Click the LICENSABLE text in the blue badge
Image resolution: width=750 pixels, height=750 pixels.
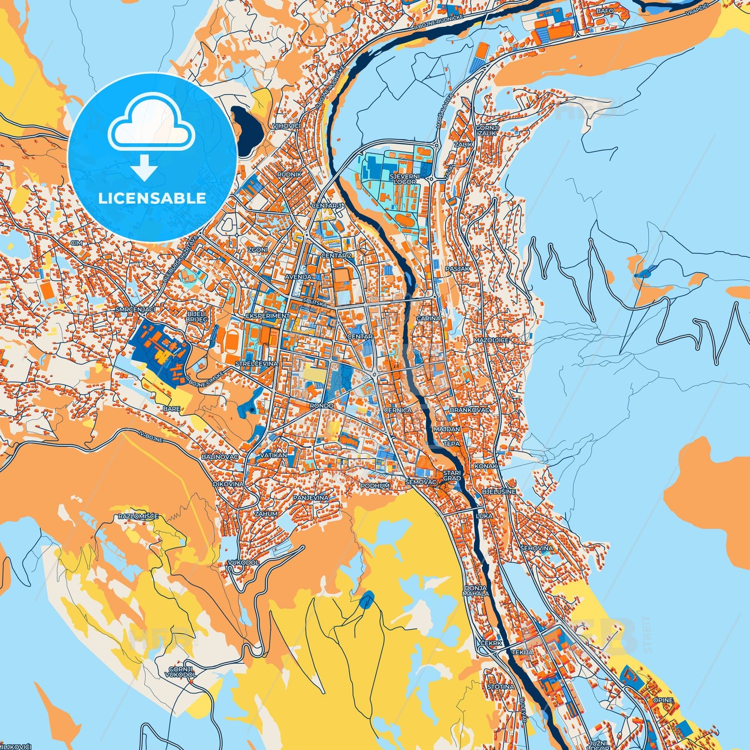tap(152, 198)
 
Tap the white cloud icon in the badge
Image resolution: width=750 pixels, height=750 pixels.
tap(151, 128)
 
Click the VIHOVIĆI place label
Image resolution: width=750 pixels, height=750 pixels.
tap(286, 126)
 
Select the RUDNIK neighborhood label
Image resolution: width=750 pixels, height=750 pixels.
tap(289, 175)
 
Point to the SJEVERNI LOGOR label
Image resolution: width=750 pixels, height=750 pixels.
tap(404, 179)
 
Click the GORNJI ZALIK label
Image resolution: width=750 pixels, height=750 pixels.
tap(487, 130)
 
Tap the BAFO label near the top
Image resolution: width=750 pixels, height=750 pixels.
tap(605, 11)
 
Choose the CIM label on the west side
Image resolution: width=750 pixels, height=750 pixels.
tap(77, 243)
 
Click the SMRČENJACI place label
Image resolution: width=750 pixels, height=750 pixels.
tap(135, 309)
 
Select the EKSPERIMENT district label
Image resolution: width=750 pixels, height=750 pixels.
tap(267, 316)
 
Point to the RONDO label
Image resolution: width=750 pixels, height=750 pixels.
tap(321, 406)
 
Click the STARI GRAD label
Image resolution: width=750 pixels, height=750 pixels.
tap(452, 475)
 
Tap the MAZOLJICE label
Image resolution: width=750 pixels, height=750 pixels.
tap(491, 340)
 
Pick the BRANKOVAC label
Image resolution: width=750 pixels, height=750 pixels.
tap(469, 410)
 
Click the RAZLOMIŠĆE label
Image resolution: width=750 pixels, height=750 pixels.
tap(138, 516)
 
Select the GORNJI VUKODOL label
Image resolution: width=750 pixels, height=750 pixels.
tap(181, 672)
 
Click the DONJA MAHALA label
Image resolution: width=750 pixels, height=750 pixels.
tap(475, 591)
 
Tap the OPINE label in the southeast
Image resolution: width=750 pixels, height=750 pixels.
tap(663, 700)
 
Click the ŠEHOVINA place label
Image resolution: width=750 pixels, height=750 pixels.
tap(536, 548)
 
